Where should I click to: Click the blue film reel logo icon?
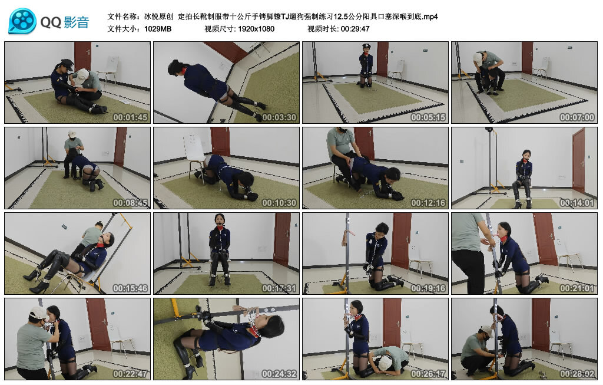[x=22, y=21]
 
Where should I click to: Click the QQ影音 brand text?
[x=65, y=22]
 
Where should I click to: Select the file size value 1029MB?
[x=158, y=29]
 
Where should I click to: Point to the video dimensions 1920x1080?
[x=256, y=29]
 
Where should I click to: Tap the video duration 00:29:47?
[x=355, y=29]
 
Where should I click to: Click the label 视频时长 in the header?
[x=322, y=29]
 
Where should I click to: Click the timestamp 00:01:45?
[x=130, y=117]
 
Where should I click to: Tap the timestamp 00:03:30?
[x=279, y=117]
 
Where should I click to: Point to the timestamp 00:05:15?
[x=428, y=117]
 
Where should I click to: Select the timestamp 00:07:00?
[x=577, y=117]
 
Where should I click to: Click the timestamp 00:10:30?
[x=279, y=203]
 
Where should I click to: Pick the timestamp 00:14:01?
[x=577, y=203]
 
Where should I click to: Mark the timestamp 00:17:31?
[x=279, y=288]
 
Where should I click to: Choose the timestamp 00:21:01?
[x=577, y=288]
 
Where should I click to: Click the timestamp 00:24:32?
[x=279, y=374]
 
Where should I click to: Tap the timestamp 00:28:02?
[x=577, y=374]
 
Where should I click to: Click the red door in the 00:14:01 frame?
[x=578, y=160]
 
